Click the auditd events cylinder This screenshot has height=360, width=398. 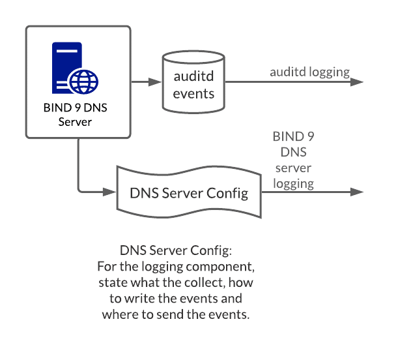[193, 83]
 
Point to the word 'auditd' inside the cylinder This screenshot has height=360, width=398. [193, 76]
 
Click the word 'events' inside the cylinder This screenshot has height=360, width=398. [193, 93]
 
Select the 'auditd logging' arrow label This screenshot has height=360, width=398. [310, 72]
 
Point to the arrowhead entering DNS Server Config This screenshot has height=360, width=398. [109, 192]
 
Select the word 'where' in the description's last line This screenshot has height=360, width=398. [119, 314]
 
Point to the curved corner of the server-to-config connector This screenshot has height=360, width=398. [80, 190]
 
